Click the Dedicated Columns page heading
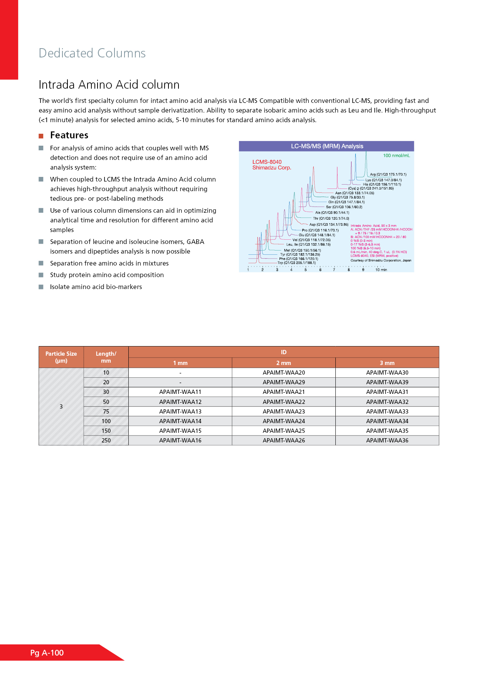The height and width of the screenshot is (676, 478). [x=92, y=53]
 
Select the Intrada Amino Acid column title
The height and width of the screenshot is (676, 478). [x=109, y=85]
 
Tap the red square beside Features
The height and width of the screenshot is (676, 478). [x=41, y=136]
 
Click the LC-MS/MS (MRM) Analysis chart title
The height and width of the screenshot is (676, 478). [x=327, y=146]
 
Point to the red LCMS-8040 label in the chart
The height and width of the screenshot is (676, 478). [x=267, y=162]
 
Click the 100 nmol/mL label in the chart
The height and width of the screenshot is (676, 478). [x=396, y=156]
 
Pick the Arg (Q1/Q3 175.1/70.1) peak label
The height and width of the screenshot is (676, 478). [x=388, y=175]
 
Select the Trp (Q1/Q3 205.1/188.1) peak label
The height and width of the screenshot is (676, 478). [x=297, y=263]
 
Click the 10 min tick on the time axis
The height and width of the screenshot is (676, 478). [x=381, y=270]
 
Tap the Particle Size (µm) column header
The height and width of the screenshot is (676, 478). [x=61, y=357]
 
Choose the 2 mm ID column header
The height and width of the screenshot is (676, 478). [x=284, y=363]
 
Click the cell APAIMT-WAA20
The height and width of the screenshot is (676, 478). [x=284, y=373]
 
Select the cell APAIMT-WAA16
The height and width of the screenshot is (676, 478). [x=180, y=441]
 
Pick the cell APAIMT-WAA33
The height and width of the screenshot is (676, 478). [x=387, y=412]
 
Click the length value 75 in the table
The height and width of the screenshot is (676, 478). [x=106, y=412]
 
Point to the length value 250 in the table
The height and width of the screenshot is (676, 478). [x=106, y=441]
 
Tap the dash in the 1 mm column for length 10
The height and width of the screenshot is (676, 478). [x=180, y=373]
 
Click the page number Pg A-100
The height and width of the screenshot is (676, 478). [x=47, y=653]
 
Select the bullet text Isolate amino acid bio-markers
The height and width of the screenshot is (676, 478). [x=96, y=287]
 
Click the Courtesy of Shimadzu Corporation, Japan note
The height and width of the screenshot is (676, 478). [x=381, y=261]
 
